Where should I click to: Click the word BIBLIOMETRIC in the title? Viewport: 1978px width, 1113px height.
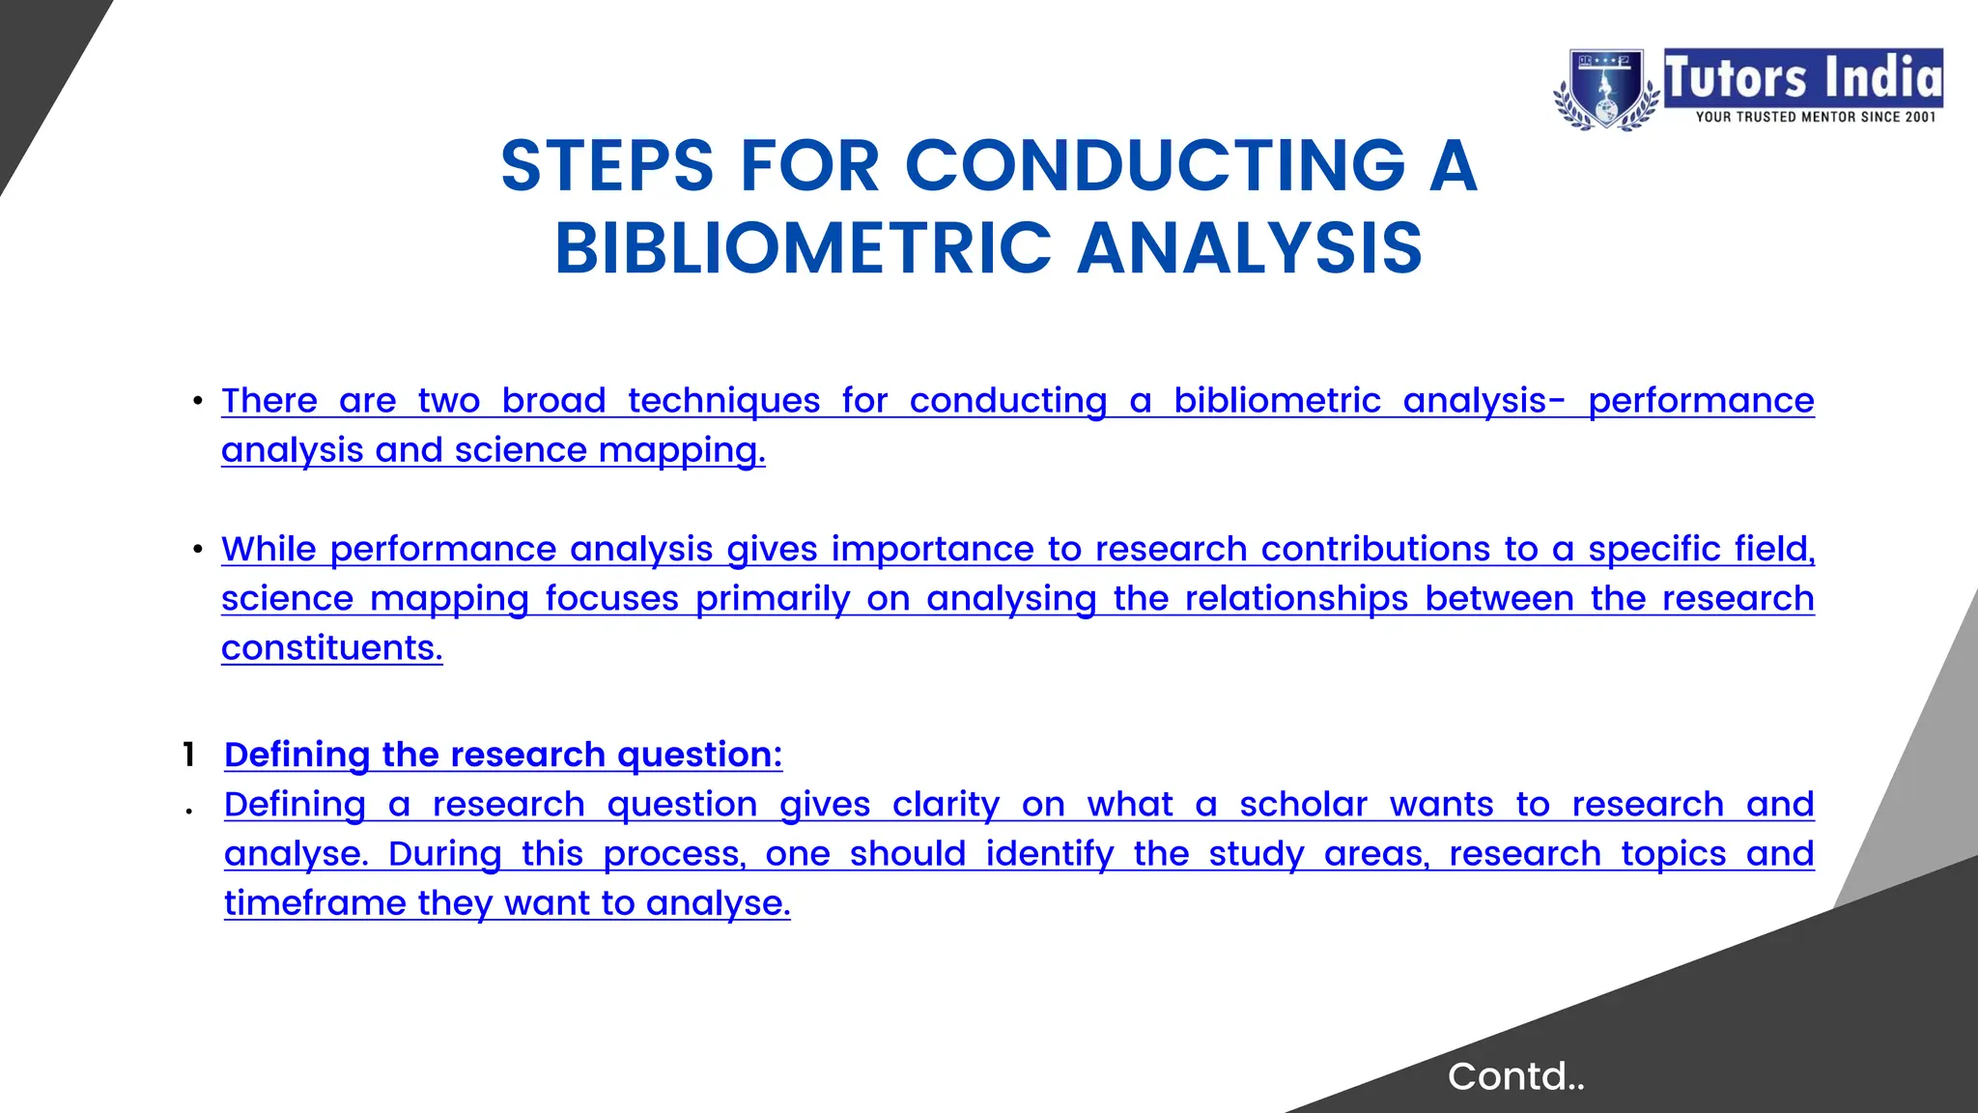click(x=803, y=248)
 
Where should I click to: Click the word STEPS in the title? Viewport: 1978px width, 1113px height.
click(x=608, y=166)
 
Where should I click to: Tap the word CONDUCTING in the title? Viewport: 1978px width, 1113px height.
click(x=1155, y=166)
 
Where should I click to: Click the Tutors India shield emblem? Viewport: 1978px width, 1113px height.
click(x=1604, y=89)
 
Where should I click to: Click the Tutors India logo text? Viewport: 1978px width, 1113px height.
click(x=1802, y=77)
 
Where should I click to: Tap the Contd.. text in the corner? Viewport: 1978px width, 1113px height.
click(x=1515, y=1076)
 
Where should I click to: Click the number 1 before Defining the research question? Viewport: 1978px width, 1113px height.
click(x=189, y=755)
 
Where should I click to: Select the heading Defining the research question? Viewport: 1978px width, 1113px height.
click(x=503, y=755)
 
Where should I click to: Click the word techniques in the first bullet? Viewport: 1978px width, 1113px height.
click(x=723, y=400)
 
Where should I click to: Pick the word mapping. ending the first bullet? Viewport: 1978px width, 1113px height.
click(x=682, y=450)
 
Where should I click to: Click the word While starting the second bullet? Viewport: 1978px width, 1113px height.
click(x=268, y=549)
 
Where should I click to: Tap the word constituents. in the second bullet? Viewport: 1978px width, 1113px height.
click(x=331, y=648)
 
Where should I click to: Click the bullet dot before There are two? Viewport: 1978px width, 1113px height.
click(x=197, y=401)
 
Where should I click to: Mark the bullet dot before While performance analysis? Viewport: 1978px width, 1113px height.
click(x=197, y=550)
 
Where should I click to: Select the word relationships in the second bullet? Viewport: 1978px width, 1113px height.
click(x=1296, y=599)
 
